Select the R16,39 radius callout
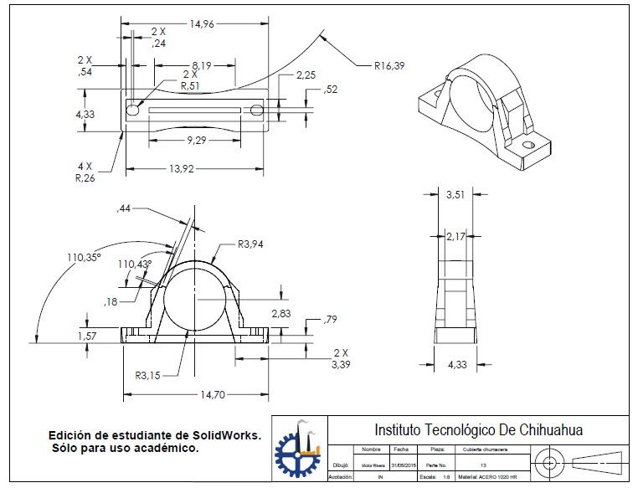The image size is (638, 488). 389,64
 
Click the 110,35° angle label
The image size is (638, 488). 84,259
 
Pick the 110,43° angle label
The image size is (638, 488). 135,264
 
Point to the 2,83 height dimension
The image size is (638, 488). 282,313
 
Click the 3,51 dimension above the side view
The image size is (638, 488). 455,194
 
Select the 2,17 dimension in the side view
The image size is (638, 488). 456,236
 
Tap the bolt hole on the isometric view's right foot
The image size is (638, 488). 528,145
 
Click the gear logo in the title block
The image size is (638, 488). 298,454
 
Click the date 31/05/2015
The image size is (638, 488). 403,464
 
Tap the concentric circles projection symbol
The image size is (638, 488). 549,462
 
